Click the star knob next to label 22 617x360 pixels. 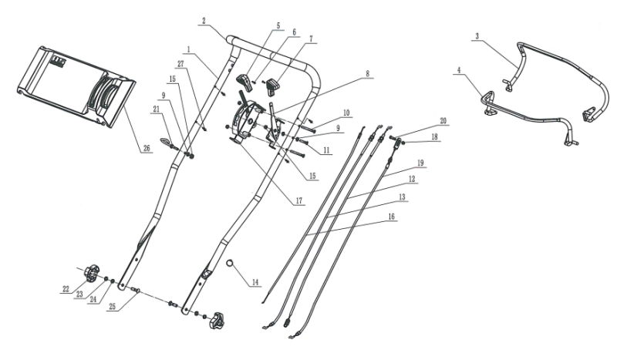point(93,273)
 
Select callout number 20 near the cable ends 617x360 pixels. point(443,120)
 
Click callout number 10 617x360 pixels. point(346,113)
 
